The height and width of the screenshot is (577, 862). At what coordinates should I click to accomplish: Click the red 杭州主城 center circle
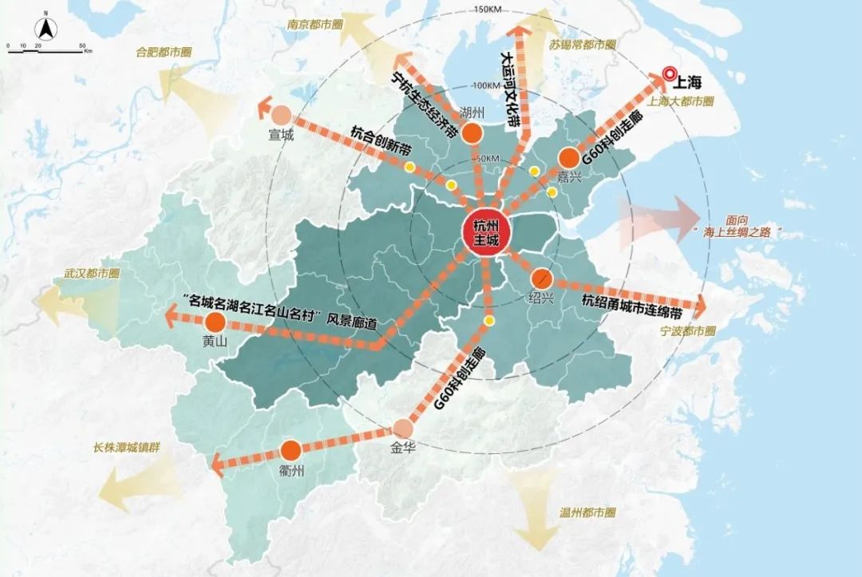[x=485, y=231]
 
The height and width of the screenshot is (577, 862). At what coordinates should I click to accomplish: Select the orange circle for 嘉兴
[x=569, y=157]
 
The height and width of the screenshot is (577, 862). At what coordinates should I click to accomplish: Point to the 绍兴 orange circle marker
[x=541, y=279]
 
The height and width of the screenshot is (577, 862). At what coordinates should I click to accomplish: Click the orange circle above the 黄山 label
[x=215, y=322]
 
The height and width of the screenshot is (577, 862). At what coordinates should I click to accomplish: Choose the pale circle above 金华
[x=402, y=429]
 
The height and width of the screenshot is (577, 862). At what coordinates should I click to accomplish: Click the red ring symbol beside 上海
[x=669, y=75]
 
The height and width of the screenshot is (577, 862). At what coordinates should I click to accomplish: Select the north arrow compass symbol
[x=46, y=30]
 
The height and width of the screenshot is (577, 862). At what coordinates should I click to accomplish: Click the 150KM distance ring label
[x=486, y=10]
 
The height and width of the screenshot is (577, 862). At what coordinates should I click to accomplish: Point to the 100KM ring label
[x=486, y=85]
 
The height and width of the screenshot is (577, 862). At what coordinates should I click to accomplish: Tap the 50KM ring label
[x=486, y=159]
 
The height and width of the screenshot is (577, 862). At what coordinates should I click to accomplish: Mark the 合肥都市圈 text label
[x=164, y=53]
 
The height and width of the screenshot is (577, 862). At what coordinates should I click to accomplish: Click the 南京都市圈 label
[x=314, y=25]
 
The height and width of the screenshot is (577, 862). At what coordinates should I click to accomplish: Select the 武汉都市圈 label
[x=92, y=273]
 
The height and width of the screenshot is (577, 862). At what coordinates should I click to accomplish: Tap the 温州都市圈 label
[x=587, y=510]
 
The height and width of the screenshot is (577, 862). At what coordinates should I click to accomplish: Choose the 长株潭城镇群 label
[x=126, y=448]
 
